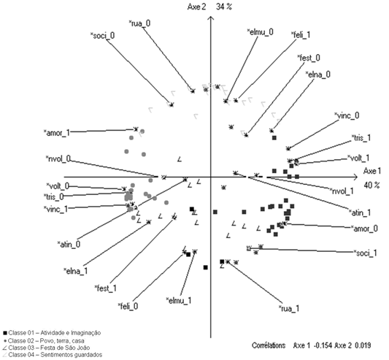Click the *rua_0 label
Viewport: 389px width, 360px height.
(139, 23)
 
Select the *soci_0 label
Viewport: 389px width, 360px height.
(102, 36)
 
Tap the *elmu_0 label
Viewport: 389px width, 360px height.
(261, 32)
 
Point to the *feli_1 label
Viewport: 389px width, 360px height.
(301, 35)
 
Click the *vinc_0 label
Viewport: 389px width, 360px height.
(347, 115)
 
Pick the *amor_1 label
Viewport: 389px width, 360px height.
(57, 133)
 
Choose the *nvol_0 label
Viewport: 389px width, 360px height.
(58, 158)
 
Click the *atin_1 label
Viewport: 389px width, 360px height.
(360, 212)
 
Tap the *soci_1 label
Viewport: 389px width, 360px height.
(366, 253)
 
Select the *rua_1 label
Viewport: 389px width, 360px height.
(289, 308)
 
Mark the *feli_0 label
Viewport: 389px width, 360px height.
(128, 306)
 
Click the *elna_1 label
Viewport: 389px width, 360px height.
(76, 271)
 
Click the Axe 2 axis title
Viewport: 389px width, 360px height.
(196, 7)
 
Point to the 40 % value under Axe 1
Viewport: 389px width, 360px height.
(371, 185)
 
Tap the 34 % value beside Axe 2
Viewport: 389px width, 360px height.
(224, 7)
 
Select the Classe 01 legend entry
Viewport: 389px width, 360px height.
(52, 333)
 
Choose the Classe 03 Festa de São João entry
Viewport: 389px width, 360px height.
(46, 348)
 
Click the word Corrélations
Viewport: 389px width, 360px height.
(269, 345)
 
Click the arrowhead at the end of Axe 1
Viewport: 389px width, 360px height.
(356, 177)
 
